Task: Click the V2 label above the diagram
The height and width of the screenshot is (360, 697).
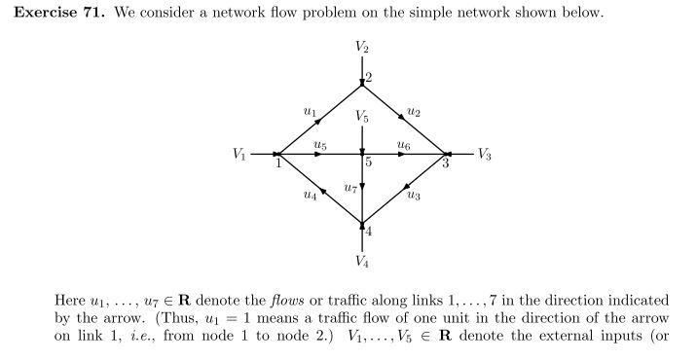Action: point(362,46)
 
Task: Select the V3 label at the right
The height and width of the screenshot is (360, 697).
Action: point(485,154)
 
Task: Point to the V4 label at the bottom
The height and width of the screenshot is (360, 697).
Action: point(362,262)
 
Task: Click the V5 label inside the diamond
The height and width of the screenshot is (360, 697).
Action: point(362,117)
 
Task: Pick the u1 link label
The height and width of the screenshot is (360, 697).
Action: point(310,113)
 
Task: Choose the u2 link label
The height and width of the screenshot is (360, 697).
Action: point(414,113)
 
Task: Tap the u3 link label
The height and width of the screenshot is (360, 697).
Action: point(414,196)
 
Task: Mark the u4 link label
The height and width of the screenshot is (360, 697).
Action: point(310,196)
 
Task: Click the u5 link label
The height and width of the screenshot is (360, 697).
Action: point(320,145)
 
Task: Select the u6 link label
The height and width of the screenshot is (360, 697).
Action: point(403,145)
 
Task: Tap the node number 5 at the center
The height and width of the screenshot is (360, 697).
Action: point(369,162)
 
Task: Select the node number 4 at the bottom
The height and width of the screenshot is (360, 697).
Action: point(368,231)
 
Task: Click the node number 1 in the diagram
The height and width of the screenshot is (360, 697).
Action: point(278,162)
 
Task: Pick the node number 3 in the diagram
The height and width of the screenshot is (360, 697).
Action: point(446,162)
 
